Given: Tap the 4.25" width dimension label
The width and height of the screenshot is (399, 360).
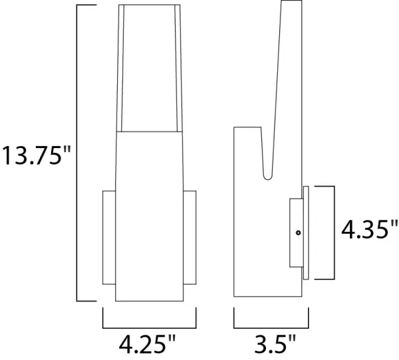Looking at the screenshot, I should click(148, 344).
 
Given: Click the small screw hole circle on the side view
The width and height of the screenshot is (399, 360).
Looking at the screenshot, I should click(299, 232).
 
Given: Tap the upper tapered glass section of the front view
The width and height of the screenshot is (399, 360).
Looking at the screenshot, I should click(150, 66).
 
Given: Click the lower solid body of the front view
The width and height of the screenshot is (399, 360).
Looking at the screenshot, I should click(150, 213).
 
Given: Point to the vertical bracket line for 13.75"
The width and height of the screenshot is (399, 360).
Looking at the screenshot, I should click(78, 153).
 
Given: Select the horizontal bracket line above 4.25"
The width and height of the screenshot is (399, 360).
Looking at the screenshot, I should click(150, 327).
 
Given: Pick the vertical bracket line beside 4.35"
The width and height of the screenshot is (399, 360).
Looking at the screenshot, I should click(332, 232).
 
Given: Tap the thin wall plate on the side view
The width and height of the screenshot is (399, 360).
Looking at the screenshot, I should click(305, 232).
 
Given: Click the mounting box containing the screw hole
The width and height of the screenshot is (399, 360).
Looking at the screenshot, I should click(295, 232).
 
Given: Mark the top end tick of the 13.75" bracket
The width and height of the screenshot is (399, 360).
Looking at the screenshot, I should click(86, 6).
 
